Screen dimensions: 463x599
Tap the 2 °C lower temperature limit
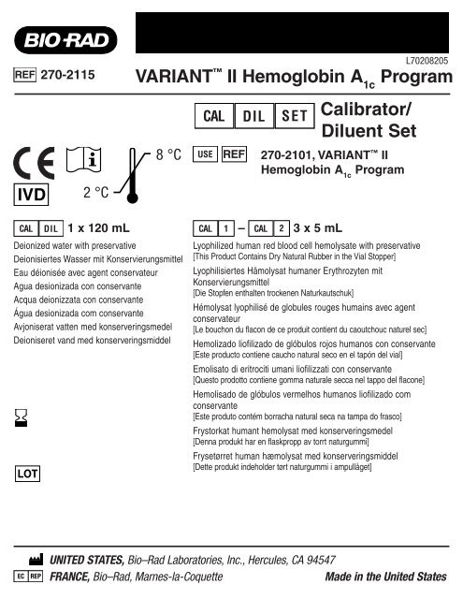(x=96, y=193)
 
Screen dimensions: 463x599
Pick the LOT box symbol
(x=28, y=473)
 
